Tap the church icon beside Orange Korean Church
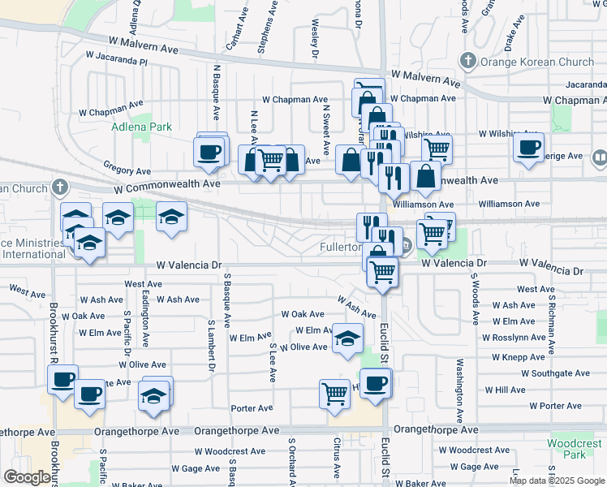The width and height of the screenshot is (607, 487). [467, 61]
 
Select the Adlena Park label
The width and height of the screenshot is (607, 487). [131, 127]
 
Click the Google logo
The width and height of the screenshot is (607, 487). [27, 477]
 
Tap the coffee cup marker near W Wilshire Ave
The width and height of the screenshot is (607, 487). [529, 148]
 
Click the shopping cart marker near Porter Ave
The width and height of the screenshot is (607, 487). [334, 394]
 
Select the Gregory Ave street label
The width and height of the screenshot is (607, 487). [127, 171]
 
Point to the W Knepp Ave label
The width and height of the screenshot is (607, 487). [519, 357]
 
